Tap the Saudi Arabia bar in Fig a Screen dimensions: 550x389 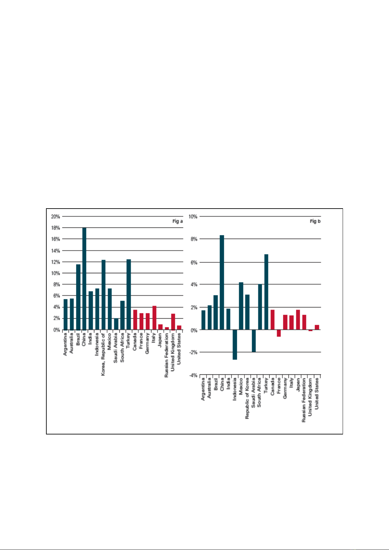click(x=116, y=324)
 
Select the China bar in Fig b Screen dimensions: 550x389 click(x=222, y=282)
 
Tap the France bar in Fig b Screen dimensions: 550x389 click(x=279, y=333)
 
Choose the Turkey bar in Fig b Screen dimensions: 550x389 click(x=266, y=292)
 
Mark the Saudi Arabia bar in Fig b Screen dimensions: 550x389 click(x=254, y=341)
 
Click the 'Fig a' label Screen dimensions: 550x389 click(x=178, y=221)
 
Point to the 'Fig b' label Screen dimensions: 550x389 click(x=315, y=221)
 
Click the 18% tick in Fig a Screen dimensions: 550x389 click(x=55, y=228)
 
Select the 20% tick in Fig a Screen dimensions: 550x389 click(x=55, y=216)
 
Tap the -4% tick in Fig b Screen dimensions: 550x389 click(x=193, y=375)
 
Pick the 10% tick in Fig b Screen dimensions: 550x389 click(x=193, y=216)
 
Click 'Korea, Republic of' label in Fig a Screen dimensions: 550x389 click(x=103, y=354)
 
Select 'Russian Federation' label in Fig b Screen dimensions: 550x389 click(x=304, y=400)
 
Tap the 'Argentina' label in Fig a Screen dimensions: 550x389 click(x=65, y=344)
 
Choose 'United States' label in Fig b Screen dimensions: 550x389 click(x=317, y=393)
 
